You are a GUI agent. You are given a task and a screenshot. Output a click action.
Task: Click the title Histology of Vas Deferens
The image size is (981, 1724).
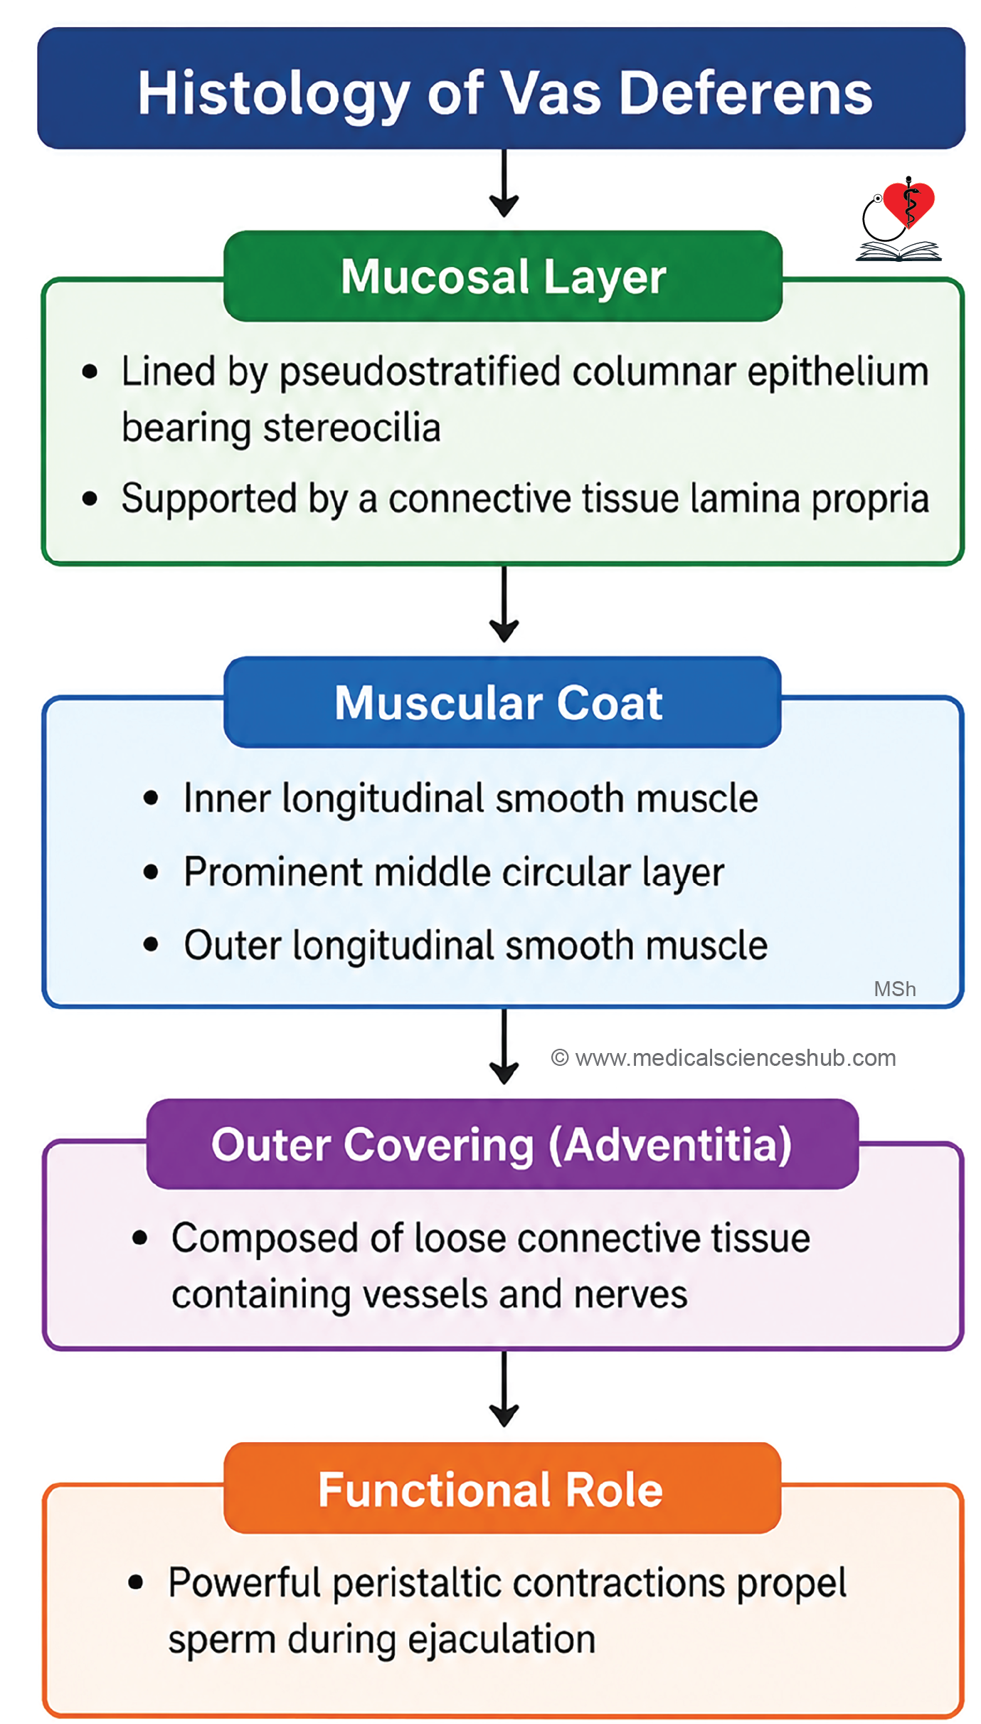coord(504,94)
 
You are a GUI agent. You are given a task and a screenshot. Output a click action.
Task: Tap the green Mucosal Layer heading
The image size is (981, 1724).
coord(503,276)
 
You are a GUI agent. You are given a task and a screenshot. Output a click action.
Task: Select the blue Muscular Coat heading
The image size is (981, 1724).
coord(499,703)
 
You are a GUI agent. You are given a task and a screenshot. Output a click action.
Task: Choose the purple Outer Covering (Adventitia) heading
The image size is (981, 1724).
coord(502,1145)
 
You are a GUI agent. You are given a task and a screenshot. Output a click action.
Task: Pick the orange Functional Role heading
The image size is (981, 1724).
coord(490,1490)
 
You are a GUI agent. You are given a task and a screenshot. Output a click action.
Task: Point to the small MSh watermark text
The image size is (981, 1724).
coord(894,989)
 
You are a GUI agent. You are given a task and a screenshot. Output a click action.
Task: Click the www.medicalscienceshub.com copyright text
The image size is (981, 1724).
coord(723,1058)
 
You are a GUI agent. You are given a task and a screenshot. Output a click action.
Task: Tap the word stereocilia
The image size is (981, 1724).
coord(351,429)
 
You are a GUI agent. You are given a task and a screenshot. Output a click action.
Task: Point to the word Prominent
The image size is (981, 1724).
coord(273,872)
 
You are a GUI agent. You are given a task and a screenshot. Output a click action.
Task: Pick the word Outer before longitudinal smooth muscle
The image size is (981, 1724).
coord(233,946)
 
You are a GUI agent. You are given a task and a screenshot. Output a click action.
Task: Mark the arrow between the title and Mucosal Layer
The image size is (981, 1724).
coord(504,183)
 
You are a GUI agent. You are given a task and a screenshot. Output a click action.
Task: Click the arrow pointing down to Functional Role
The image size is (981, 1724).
coord(504,1389)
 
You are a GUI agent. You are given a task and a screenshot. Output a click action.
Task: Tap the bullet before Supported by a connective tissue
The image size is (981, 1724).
coord(90,499)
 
